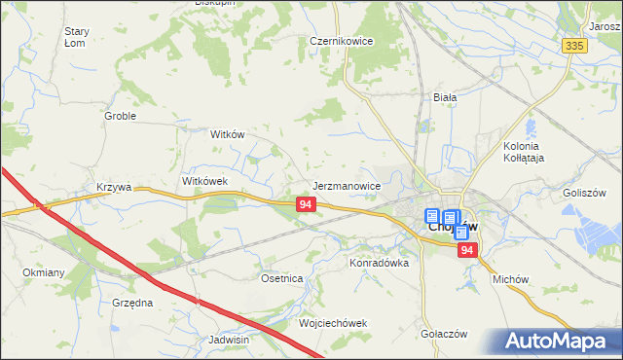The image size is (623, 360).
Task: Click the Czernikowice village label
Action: pyautogui.click(x=343, y=42)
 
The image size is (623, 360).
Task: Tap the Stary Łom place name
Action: pyautogui.click(x=77, y=37)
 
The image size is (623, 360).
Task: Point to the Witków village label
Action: pyautogui.click(x=227, y=135)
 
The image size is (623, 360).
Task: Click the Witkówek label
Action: pyautogui.click(x=204, y=181)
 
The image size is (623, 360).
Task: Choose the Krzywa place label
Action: pyautogui.click(x=114, y=186)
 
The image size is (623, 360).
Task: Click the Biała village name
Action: pyautogui.click(x=445, y=97)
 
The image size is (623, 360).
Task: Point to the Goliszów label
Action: pyautogui.click(x=585, y=193)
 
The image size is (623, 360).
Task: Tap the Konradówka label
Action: pyautogui.click(x=379, y=263)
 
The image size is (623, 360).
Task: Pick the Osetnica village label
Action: pyautogui.click(x=282, y=278)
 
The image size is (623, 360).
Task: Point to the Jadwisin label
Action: pyautogui.click(x=230, y=341)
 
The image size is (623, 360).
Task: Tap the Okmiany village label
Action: pyautogui.click(x=44, y=272)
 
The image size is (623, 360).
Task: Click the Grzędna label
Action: pyautogui.click(x=132, y=303)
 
